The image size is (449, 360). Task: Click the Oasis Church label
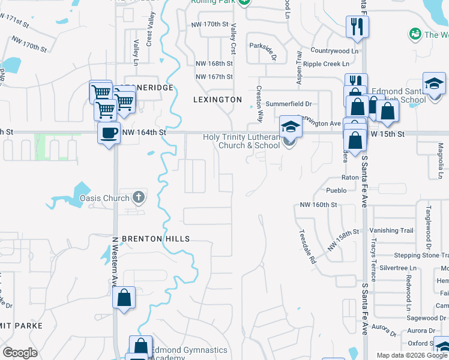pyautogui.click(x=104, y=199)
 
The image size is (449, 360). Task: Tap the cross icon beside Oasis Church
pyautogui.click(x=139, y=197)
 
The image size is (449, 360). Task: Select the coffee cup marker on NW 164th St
pyautogui.click(x=109, y=133)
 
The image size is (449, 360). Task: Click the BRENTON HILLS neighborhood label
pyautogui.click(x=155, y=239)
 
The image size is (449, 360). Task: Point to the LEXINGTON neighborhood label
pyautogui.click(x=217, y=100)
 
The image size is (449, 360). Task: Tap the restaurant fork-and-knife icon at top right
pyautogui.click(x=357, y=26)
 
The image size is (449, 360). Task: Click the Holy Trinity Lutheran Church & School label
pyautogui.click(x=241, y=141)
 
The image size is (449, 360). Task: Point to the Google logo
pyautogui.click(x=20, y=353)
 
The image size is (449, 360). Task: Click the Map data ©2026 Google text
pyautogui.click(x=412, y=355)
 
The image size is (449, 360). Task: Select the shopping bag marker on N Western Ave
pyautogui.click(x=124, y=298)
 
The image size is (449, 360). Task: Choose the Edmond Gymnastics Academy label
pyautogui.click(x=188, y=353)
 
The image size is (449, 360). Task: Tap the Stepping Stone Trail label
pyautogui.click(x=416, y=256)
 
